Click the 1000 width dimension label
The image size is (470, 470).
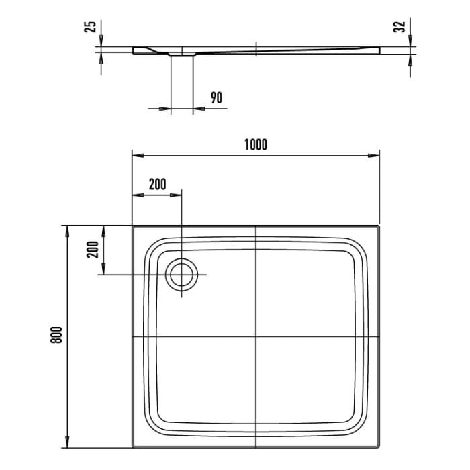[256, 144]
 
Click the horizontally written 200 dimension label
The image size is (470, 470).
[156, 184]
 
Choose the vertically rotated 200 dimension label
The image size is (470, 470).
[93, 250]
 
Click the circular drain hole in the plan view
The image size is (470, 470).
[182, 275]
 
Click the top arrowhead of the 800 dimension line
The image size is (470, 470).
[67, 230]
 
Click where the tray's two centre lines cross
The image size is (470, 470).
[256, 336]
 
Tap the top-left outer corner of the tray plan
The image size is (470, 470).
[132, 226]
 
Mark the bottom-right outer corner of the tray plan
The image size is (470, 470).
[381, 446]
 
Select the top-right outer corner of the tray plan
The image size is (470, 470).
[381, 226]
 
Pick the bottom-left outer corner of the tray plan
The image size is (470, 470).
[132, 446]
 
